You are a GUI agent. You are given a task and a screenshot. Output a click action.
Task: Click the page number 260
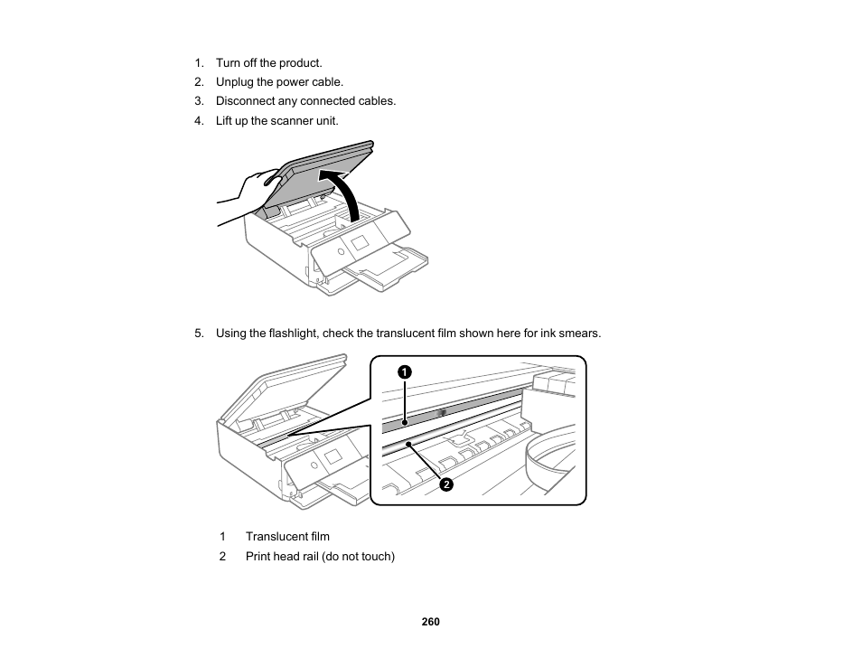(x=430, y=622)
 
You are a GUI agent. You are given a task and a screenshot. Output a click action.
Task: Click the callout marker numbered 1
(x=404, y=371)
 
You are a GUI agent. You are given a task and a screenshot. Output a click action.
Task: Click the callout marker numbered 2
(x=445, y=484)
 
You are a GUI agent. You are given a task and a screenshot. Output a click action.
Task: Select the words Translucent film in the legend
(x=287, y=537)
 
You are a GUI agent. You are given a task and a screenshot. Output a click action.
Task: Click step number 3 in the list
(x=200, y=101)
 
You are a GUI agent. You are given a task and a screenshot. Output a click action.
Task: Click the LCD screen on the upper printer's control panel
(x=360, y=244)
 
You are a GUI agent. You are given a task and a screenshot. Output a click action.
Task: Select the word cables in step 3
(x=377, y=101)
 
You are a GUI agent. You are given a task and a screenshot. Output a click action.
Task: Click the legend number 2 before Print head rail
(x=222, y=557)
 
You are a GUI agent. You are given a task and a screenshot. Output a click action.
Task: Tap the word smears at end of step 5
(x=582, y=333)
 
